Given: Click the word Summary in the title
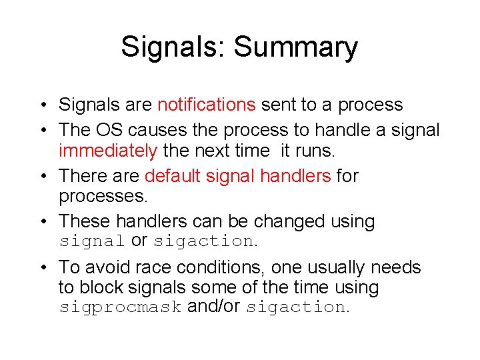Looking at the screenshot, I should (295, 48).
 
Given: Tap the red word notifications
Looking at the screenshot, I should (206, 105).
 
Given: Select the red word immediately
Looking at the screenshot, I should (107, 150).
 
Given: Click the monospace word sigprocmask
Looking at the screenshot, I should (120, 307).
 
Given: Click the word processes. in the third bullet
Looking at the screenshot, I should (102, 196).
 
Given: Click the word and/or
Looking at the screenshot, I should (214, 307).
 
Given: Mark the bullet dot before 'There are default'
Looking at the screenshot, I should (42, 177).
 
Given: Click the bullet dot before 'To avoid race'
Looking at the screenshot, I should (42, 268).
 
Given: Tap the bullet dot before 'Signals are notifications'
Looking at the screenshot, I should (42, 105).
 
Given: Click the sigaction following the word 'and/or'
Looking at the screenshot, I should (296, 307).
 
